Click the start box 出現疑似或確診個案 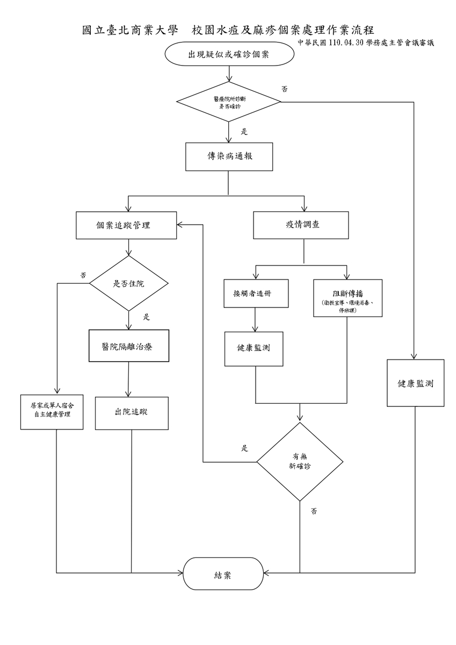pyautogui.click(x=229, y=54)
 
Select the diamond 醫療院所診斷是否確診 pyautogui.click(x=229, y=102)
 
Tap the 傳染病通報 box pyautogui.click(x=229, y=156)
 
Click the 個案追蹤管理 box pyautogui.click(x=126, y=225)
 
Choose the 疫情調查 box pyautogui.click(x=301, y=225)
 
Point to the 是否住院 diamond pyautogui.click(x=128, y=283)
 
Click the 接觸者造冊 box pyautogui.click(x=256, y=293)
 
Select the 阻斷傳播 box pyautogui.click(x=348, y=298)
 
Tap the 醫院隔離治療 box pyautogui.click(x=129, y=346)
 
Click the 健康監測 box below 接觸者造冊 pyautogui.click(x=254, y=349)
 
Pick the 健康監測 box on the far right pyautogui.click(x=415, y=383)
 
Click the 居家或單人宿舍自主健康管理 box pyautogui.click(x=52, y=412)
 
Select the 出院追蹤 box pyautogui.click(x=132, y=413)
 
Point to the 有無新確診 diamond pyautogui.click(x=300, y=462)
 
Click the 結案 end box pyautogui.click(x=223, y=574)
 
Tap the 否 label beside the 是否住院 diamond pyautogui.click(x=83, y=275)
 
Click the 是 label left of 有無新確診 pyautogui.click(x=244, y=448)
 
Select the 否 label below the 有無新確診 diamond pyautogui.click(x=314, y=511)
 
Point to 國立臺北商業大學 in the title pyautogui.click(x=130, y=30)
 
